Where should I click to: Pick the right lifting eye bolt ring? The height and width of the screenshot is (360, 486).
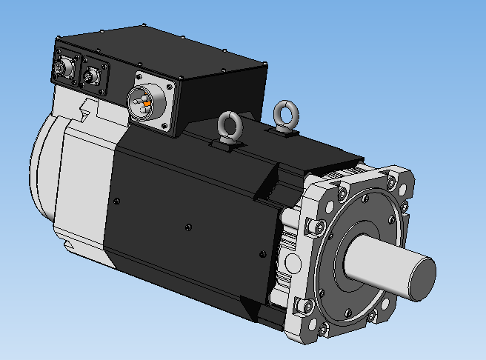284,113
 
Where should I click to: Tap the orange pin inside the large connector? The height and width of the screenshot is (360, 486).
147,104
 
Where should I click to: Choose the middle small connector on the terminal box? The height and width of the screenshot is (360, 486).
93,75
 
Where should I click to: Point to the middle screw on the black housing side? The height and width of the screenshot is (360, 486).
190,226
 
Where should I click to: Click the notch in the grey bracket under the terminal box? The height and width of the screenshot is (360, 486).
87,112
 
